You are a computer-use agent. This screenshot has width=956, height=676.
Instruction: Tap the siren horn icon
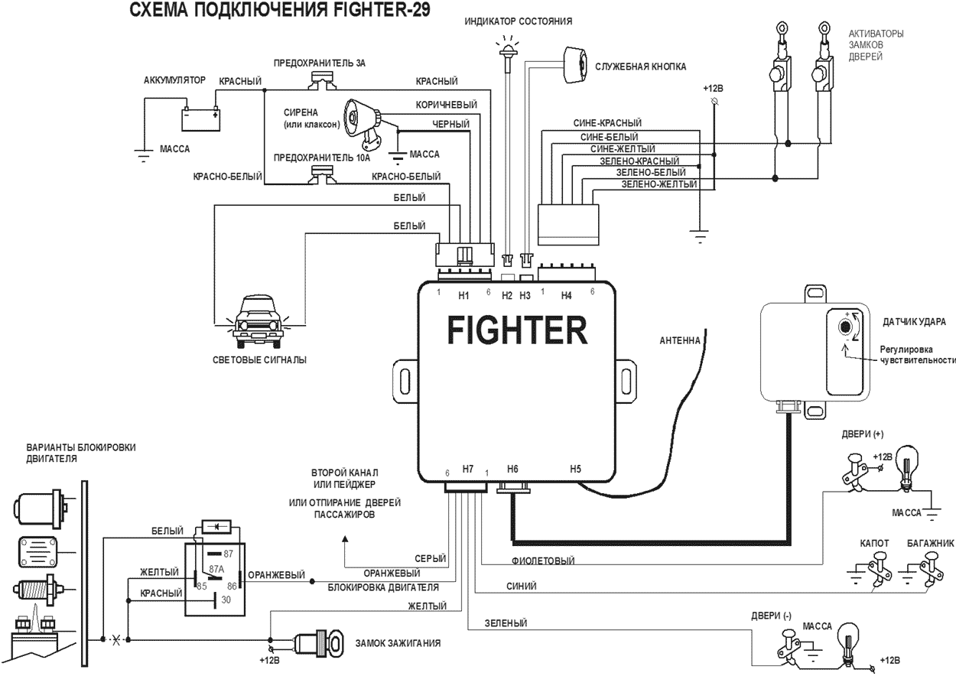[x=359, y=120]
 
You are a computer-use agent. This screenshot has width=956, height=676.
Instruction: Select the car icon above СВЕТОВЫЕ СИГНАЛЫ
[x=255, y=317]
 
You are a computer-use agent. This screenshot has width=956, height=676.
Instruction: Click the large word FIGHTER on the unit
[x=517, y=331]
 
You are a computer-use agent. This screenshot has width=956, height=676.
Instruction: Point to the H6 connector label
[x=512, y=469]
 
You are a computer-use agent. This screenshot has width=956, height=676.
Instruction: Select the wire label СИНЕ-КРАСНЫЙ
[x=607, y=122]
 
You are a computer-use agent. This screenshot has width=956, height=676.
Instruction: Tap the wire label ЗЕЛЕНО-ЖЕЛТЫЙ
[x=658, y=184]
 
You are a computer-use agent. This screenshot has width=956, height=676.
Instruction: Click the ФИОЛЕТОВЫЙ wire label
[x=542, y=561]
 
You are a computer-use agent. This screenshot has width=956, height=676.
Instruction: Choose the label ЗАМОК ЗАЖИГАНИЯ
[x=398, y=643]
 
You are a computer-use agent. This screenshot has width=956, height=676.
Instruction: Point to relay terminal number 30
[x=226, y=600]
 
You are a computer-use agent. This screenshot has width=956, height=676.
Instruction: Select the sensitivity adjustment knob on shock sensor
[x=845, y=327]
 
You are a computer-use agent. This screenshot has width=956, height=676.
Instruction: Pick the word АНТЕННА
[x=680, y=340]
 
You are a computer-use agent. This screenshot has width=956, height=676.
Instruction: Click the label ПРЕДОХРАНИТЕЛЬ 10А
[x=321, y=158]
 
